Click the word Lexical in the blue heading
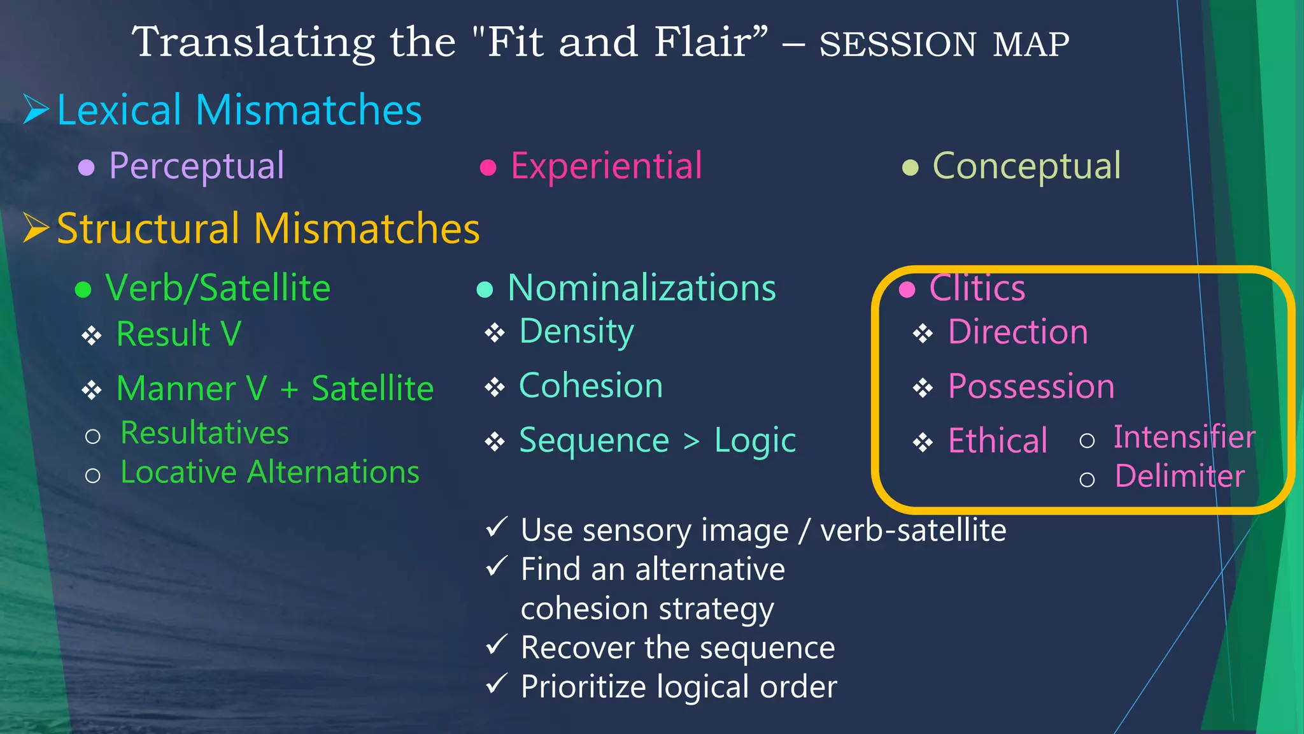pyautogui.click(x=119, y=110)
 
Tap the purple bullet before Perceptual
pyautogui.click(x=86, y=168)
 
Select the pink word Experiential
pyautogui.click(x=606, y=166)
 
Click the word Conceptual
pyautogui.click(x=1026, y=166)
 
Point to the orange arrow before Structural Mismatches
pyautogui.click(x=36, y=228)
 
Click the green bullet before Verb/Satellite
pyautogui.click(x=83, y=290)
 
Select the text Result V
pyautogui.click(x=178, y=334)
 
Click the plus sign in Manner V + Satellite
pyautogui.click(x=289, y=389)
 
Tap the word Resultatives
pyautogui.click(x=204, y=433)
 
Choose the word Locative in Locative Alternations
pyautogui.click(x=179, y=473)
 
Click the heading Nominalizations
pyautogui.click(x=641, y=288)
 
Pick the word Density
pyautogui.click(x=576, y=331)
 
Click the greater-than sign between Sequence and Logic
pyautogui.click(x=691, y=441)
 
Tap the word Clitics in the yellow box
pyautogui.click(x=977, y=288)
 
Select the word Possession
pyautogui.click(x=1031, y=387)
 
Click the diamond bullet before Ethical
pyautogui.click(x=923, y=442)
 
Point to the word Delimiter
pyautogui.click(x=1179, y=477)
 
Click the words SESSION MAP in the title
pyautogui.click(x=944, y=45)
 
